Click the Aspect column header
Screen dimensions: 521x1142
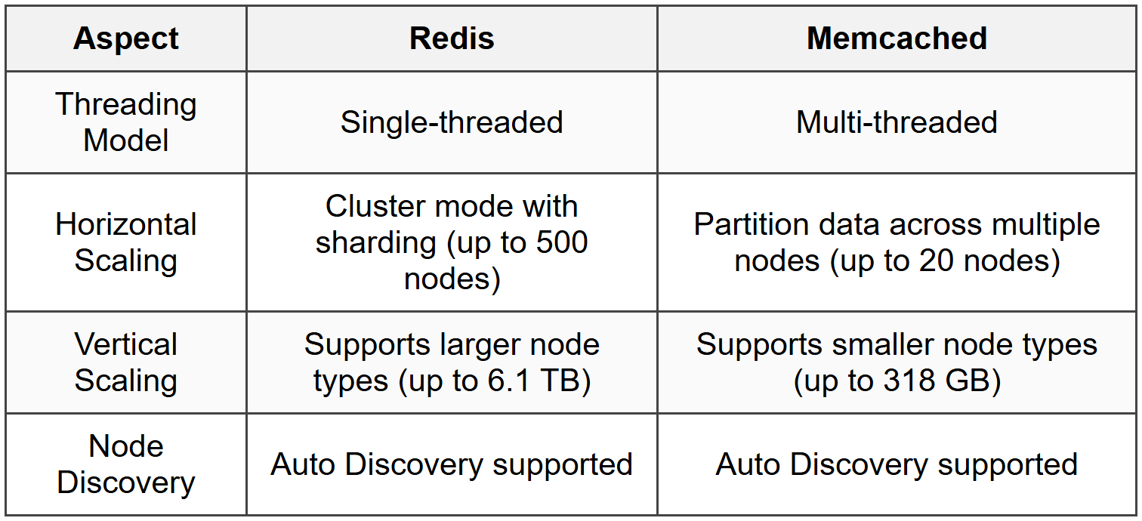click(x=126, y=39)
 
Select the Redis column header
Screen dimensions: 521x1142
click(x=452, y=39)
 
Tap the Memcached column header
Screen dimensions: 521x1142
click(x=897, y=39)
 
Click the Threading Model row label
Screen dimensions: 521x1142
click(x=126, y=122)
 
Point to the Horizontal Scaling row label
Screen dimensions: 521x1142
click(x=126, y=242)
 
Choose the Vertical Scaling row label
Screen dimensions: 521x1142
click(x=126, y=362)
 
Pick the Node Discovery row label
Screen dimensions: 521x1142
click(x=126, y=464)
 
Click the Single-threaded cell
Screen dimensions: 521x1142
click(x=452, y=122)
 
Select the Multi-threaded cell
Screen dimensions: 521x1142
click(x=897, y=122)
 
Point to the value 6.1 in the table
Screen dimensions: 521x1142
click(x=510, y=381)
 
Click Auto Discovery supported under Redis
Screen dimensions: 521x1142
click(x=452, y=464)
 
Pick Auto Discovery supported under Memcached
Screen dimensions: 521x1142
click(x=897, y=464)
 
